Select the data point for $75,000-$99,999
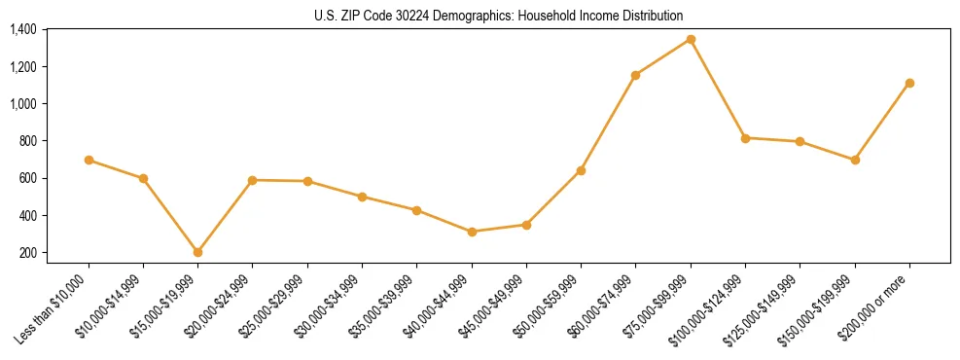point(691,39)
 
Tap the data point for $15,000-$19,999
point(197,252)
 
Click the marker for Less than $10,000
point(89,160)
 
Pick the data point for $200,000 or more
point(909,83)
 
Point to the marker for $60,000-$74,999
point(635,75)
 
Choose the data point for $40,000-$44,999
point(472,232)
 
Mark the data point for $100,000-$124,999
point(745,138)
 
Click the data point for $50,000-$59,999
point(581,170)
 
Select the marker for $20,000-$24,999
point(253,180)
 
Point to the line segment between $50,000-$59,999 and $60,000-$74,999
point(608,123)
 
